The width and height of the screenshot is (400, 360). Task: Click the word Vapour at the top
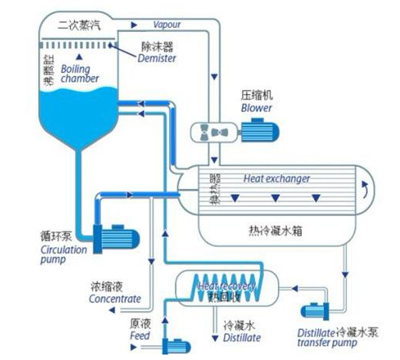167,25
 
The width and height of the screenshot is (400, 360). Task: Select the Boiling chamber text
79,73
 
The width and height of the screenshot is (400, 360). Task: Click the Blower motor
260,131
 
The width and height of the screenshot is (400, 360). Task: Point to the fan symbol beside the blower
214,131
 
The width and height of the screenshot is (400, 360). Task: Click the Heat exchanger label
277,178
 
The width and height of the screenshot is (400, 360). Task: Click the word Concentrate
115,299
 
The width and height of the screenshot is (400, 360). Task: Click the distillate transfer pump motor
316,312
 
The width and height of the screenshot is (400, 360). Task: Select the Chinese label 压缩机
257,96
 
